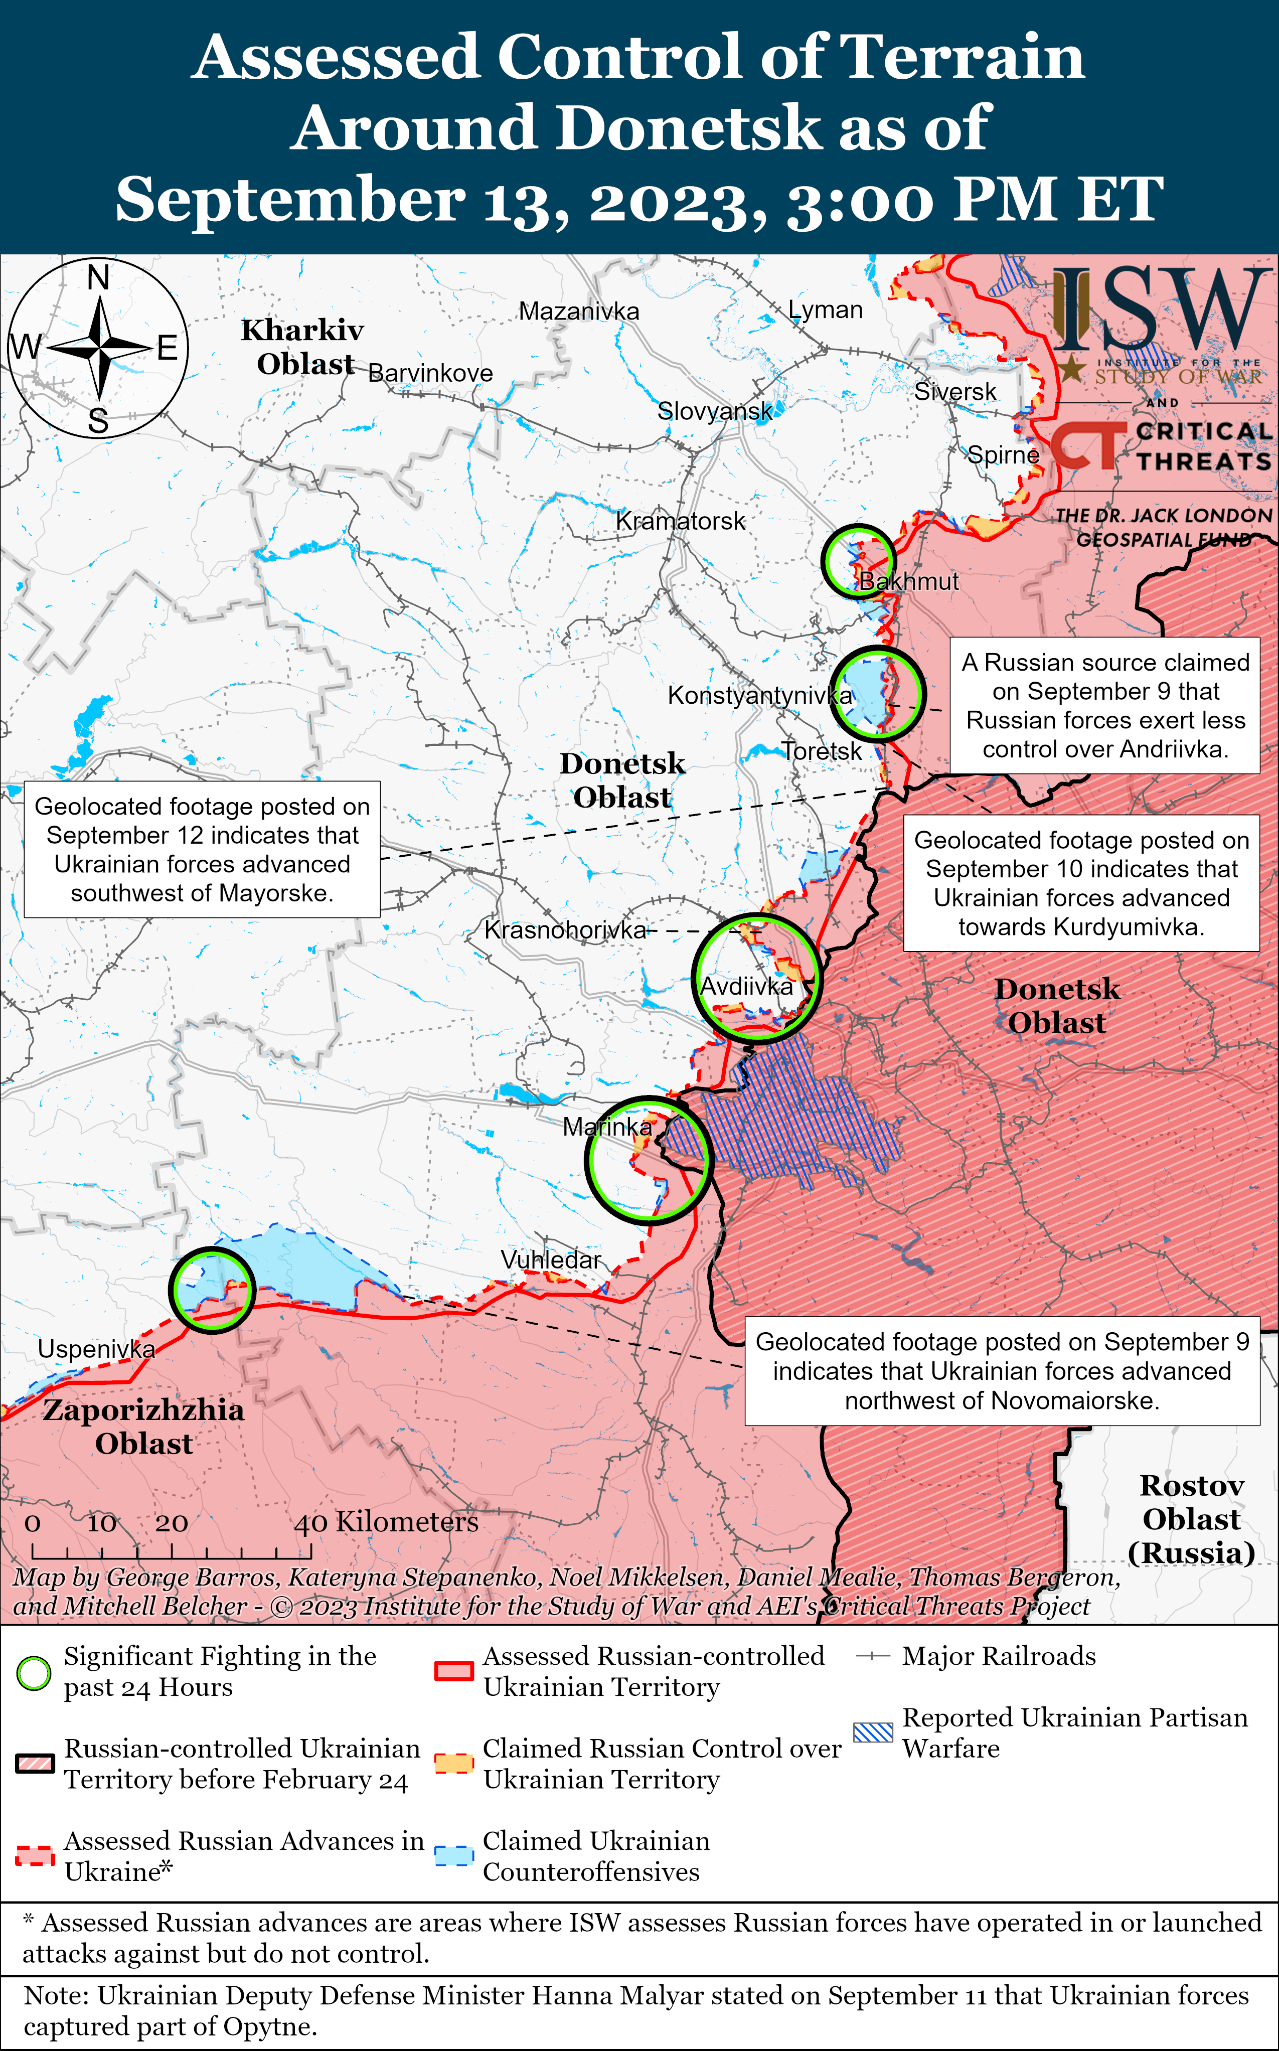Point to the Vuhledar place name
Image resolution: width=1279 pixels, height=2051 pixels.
pos(551,1259)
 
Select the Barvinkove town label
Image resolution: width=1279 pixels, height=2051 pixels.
pos(430,373)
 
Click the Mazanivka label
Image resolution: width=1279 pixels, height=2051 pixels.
pos(579,311)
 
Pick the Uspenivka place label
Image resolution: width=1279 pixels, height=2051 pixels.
pos(96,1349)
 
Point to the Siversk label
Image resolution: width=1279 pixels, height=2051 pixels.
pos(955,392)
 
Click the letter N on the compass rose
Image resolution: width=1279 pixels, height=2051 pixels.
pos(99,276)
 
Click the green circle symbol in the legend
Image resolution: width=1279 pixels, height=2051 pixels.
pos(34,1673)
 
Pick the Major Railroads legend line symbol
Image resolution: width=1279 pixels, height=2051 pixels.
pos(872,1657)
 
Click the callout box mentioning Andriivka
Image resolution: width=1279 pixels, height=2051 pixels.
pos(1105,705)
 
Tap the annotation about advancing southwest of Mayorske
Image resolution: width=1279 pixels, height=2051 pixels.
pos(202,849)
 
